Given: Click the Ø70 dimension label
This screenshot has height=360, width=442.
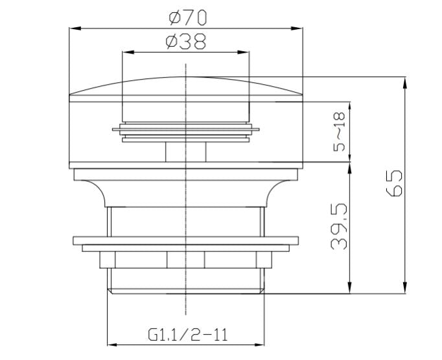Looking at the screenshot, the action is point(188,17).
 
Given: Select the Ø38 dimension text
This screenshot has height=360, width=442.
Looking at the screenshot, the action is point(186,41).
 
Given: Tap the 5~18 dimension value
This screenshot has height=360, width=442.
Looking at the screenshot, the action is point(339,131).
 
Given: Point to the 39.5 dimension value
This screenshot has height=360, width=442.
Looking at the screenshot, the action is point(339,226).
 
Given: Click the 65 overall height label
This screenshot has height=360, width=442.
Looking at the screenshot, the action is point(394,183).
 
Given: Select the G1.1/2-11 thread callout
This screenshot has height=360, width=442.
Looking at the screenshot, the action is point(187,335).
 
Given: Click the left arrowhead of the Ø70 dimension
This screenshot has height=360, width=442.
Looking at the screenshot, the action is point(75,28).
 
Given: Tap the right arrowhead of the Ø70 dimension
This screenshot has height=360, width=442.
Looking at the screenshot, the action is point(297,28).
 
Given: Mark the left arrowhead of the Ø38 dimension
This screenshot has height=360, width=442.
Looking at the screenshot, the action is point(128,52).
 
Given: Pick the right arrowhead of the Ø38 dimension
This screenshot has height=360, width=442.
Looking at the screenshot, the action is point(244,52).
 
